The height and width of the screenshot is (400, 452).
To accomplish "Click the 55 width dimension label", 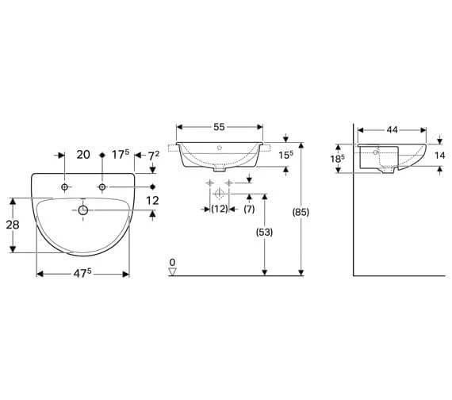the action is coord(219,127).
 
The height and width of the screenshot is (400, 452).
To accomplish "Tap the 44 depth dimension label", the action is coord(392,130).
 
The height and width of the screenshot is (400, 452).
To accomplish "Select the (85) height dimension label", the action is coord(301,213).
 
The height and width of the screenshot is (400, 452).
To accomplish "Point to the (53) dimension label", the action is coord(264,232).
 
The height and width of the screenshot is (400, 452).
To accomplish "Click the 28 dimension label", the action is coord(13,225).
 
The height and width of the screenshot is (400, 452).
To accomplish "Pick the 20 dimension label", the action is coord(83,155).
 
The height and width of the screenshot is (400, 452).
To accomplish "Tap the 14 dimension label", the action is coord(440,156).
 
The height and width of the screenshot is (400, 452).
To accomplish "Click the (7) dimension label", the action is coord(249,209).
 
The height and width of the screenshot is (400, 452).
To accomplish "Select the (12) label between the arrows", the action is coord(220,209).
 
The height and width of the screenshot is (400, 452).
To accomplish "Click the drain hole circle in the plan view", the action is coord(83,210).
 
